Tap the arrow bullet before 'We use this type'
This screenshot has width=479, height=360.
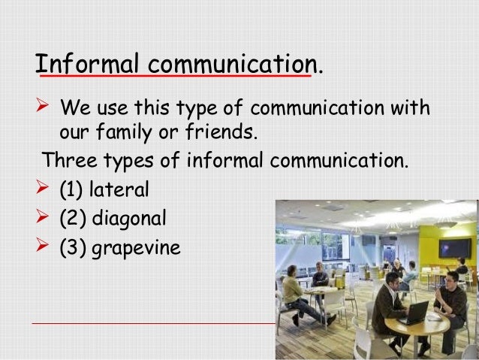click(44, 109)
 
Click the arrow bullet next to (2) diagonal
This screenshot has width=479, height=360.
click(44, 219)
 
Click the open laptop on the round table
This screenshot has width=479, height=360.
click(412, 310)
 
